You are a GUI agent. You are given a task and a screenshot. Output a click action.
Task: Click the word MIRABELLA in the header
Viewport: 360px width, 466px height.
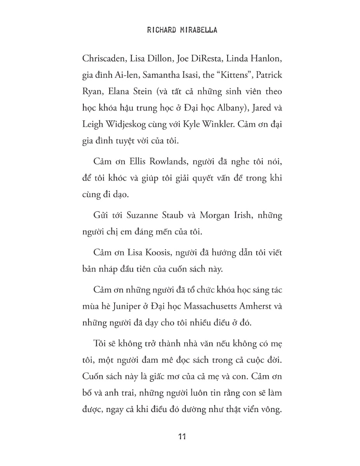[x=202, y=30]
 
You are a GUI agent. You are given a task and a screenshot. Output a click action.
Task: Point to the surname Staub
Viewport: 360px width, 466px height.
[x=170, y=216]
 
